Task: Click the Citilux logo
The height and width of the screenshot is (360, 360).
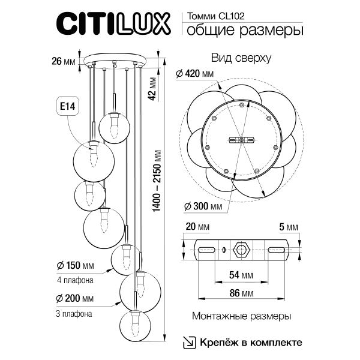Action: pyautogui.click(x=115, y=25)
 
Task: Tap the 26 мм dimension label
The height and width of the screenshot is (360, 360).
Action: pyautogui.click(x=63, y=60)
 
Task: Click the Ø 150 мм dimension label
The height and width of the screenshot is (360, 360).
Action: pyautogui.click(x=76, y=266)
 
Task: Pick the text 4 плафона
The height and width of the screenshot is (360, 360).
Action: pyautogui.click(x=75, y=280)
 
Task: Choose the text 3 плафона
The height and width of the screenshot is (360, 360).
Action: pyautogui.click(x=75, y=313)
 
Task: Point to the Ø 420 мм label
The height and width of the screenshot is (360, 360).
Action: pyautogui.click(x=195, y=74)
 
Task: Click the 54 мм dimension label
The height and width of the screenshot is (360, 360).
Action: pyautogui.click(x=242, y=274)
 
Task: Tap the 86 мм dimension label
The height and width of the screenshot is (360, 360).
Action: pyautogui.click(x=242, y=294)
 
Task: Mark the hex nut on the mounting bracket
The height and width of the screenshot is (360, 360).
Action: pyautogui.click(x=242, y=250)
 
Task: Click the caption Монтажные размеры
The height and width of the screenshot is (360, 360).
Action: pyautogui.click(x=242, y=316)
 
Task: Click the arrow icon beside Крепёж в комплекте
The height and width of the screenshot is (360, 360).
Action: pyautogui.click(x=189, y=342)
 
